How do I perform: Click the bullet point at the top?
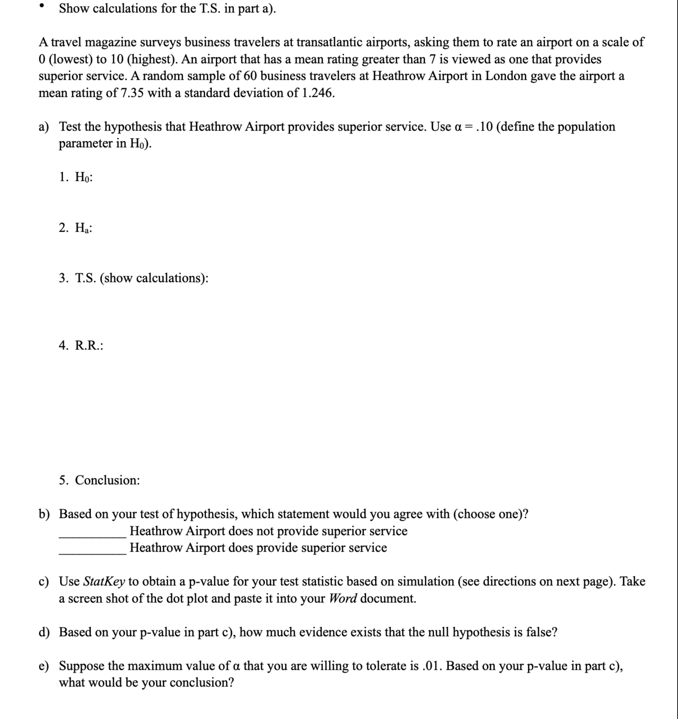[x=42, y=6]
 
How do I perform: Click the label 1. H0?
[x=76, y=177]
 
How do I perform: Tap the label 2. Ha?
[x=76, y=228]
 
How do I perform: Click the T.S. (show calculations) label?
[x=134, y=278]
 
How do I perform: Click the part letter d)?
[x=44, y=632]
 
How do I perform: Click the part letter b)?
[x=44, y=514]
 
